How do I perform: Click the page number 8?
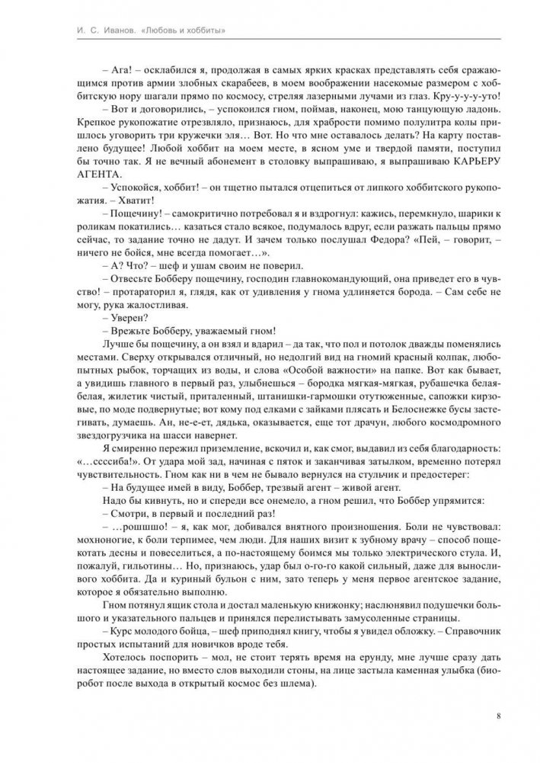497,716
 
